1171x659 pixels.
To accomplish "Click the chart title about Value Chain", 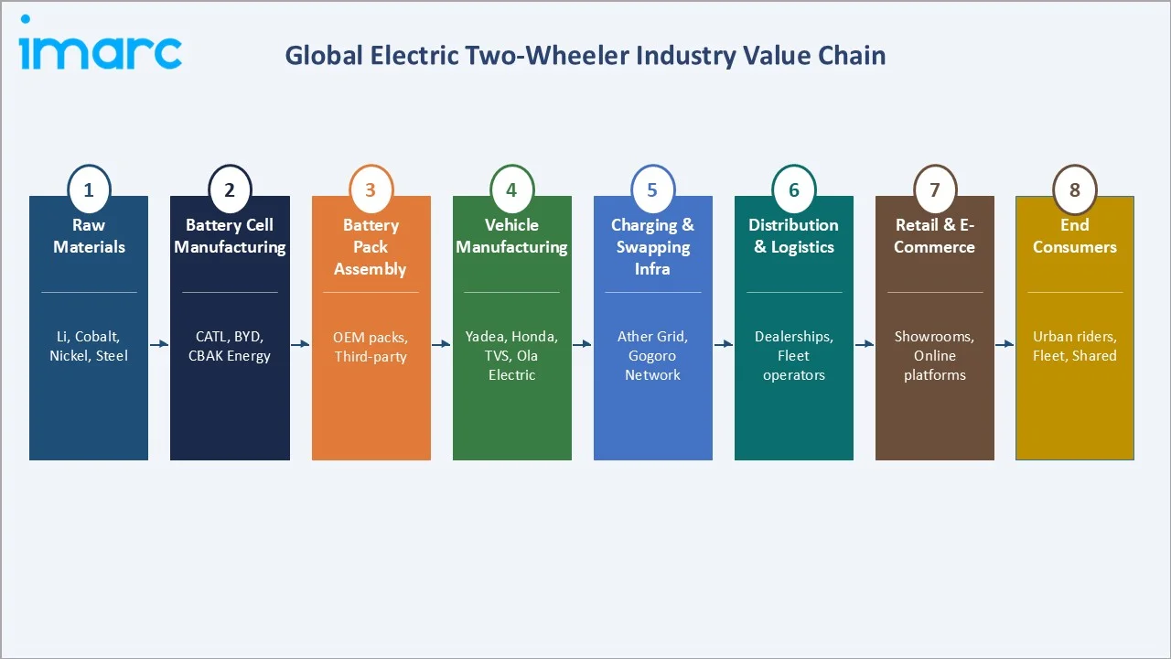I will (585, 56).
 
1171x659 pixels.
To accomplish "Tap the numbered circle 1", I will (89, 190).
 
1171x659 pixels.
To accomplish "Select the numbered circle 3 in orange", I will (371, 190).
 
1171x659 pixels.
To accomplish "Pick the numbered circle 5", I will (652, 190).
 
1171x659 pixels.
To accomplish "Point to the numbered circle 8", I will (1075, 190).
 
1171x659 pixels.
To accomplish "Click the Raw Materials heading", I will (89, 236).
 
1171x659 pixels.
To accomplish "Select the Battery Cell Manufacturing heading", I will (230, 236).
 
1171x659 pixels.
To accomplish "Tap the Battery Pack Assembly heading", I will (371, 247).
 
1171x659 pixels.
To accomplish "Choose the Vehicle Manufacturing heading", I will (511, 236).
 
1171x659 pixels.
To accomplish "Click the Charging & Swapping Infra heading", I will (652, 247).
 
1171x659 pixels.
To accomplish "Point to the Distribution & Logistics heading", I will (793, 236).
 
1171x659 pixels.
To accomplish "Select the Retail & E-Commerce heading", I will (934, 236).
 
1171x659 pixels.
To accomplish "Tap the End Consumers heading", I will (1075, 236).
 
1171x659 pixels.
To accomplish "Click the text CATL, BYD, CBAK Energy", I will (230, 346).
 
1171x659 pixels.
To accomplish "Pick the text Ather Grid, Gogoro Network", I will (652, 356).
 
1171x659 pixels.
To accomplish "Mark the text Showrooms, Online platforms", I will (934, 356).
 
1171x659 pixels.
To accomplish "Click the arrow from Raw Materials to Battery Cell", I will (159, 344).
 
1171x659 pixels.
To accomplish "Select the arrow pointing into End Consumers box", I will (1004, 344).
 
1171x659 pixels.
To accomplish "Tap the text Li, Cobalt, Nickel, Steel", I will (89, 346).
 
